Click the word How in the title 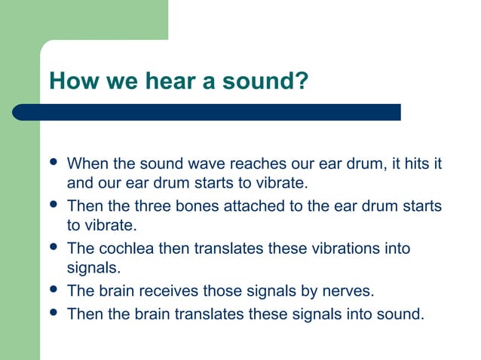click(x=69, y=81)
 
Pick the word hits click(x=408, y=163)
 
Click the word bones click(x=196, y=206)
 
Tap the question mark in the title click(x=302, y=81)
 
